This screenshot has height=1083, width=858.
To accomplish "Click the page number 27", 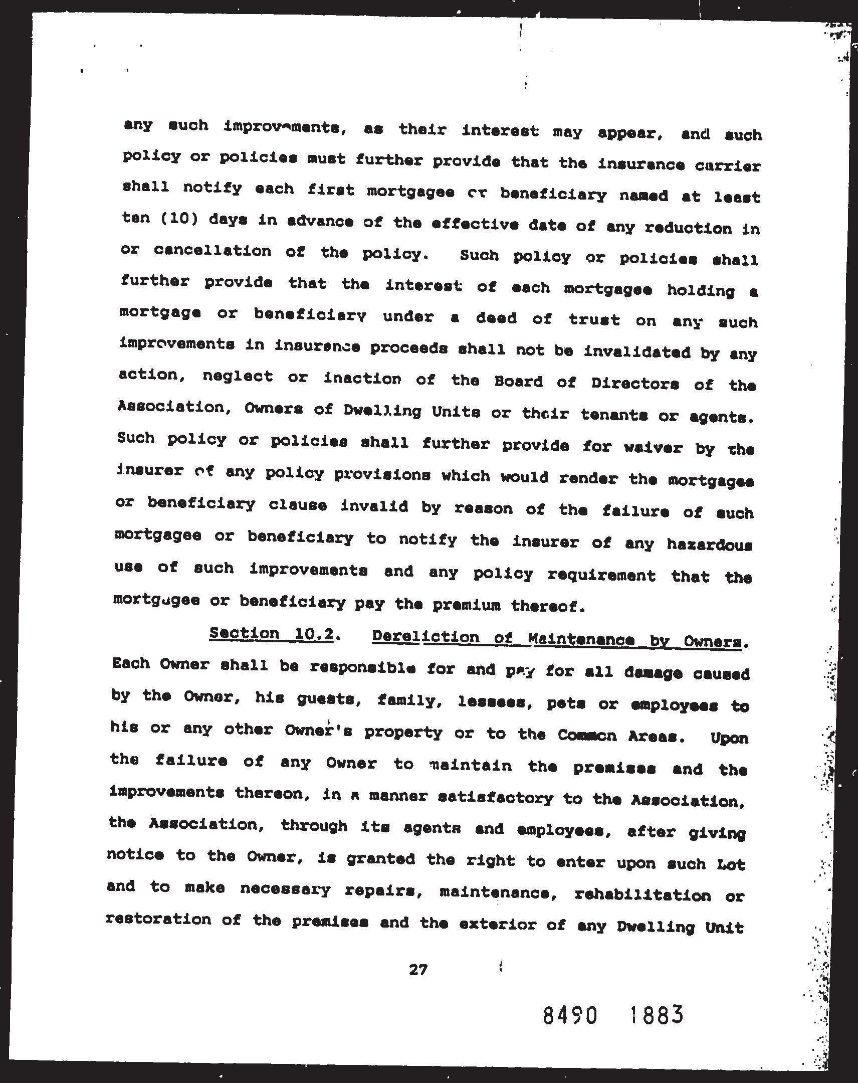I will click(x=417, y=970).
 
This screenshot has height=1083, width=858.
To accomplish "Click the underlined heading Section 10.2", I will click(x=272, y=634).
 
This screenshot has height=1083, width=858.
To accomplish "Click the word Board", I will click(x=518, y=382).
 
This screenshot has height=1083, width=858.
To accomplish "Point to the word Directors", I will click(x=635, y=384).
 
